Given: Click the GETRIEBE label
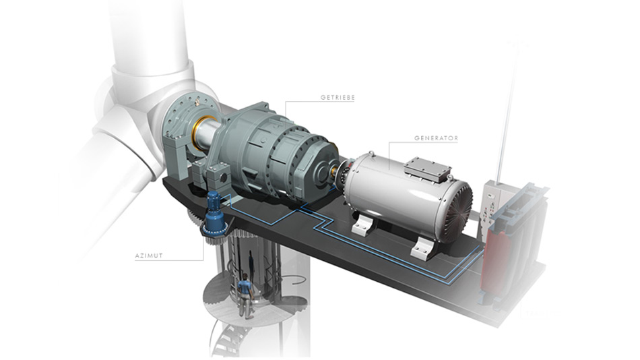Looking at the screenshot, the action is click(x=338, y=98).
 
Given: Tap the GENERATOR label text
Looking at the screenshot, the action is click(x=436, y=138).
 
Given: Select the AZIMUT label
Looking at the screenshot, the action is click(x=149, y=256).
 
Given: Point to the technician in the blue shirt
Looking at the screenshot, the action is click(x=245, y=296).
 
